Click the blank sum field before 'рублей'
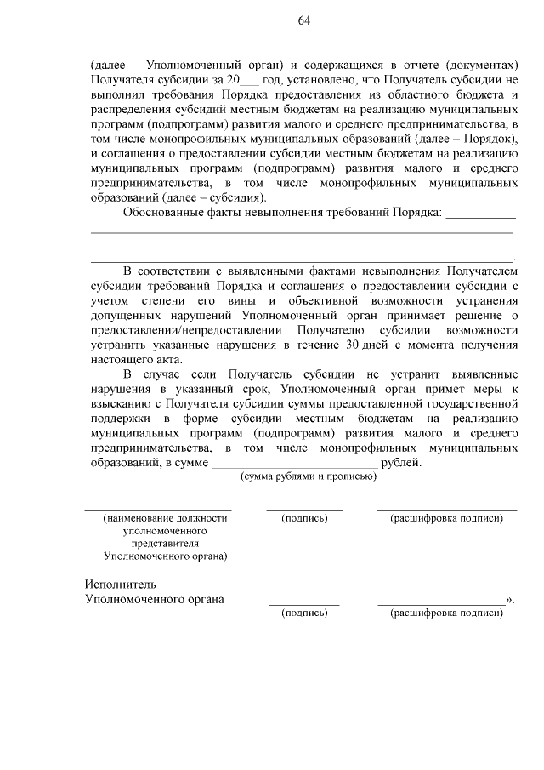click(x=294, y=464)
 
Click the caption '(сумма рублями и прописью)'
click(x=309, y=476)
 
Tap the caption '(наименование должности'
click(x=165, y=518)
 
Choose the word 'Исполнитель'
click(x=121, y=585)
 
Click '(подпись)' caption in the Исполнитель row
click(x=304, y=613)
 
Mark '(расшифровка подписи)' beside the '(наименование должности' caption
click(x=446, y=518)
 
